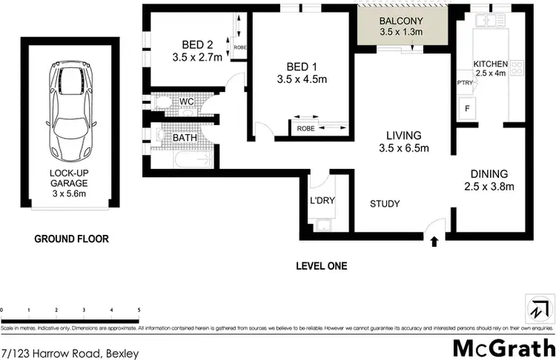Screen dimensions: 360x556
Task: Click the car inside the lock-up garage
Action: (73, 113)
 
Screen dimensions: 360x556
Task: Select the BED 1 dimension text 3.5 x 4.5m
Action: (302, 79)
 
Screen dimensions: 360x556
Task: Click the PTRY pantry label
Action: (466, 82)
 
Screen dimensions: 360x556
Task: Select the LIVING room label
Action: (403, 136)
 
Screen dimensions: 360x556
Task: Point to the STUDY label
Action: (385, 204)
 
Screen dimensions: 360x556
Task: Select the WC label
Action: (186, 102)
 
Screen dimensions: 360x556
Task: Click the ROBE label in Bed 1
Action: (305, 127)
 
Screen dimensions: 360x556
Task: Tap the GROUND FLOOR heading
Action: (72, 239)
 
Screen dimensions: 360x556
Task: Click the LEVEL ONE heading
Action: (321, 265)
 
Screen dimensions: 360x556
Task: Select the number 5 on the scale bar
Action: (139, 310)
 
